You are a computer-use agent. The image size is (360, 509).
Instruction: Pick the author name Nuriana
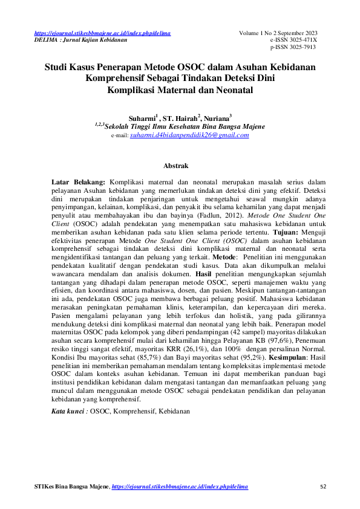click(x=217, y=118)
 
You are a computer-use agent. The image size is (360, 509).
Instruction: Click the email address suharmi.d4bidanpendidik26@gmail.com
click(x=189, y=135)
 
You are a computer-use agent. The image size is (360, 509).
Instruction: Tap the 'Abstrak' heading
click(x=176, y=165)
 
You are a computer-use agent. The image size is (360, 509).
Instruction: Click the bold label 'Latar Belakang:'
click(x=78, y=181)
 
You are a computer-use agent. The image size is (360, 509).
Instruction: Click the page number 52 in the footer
click(x=322, y=487)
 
